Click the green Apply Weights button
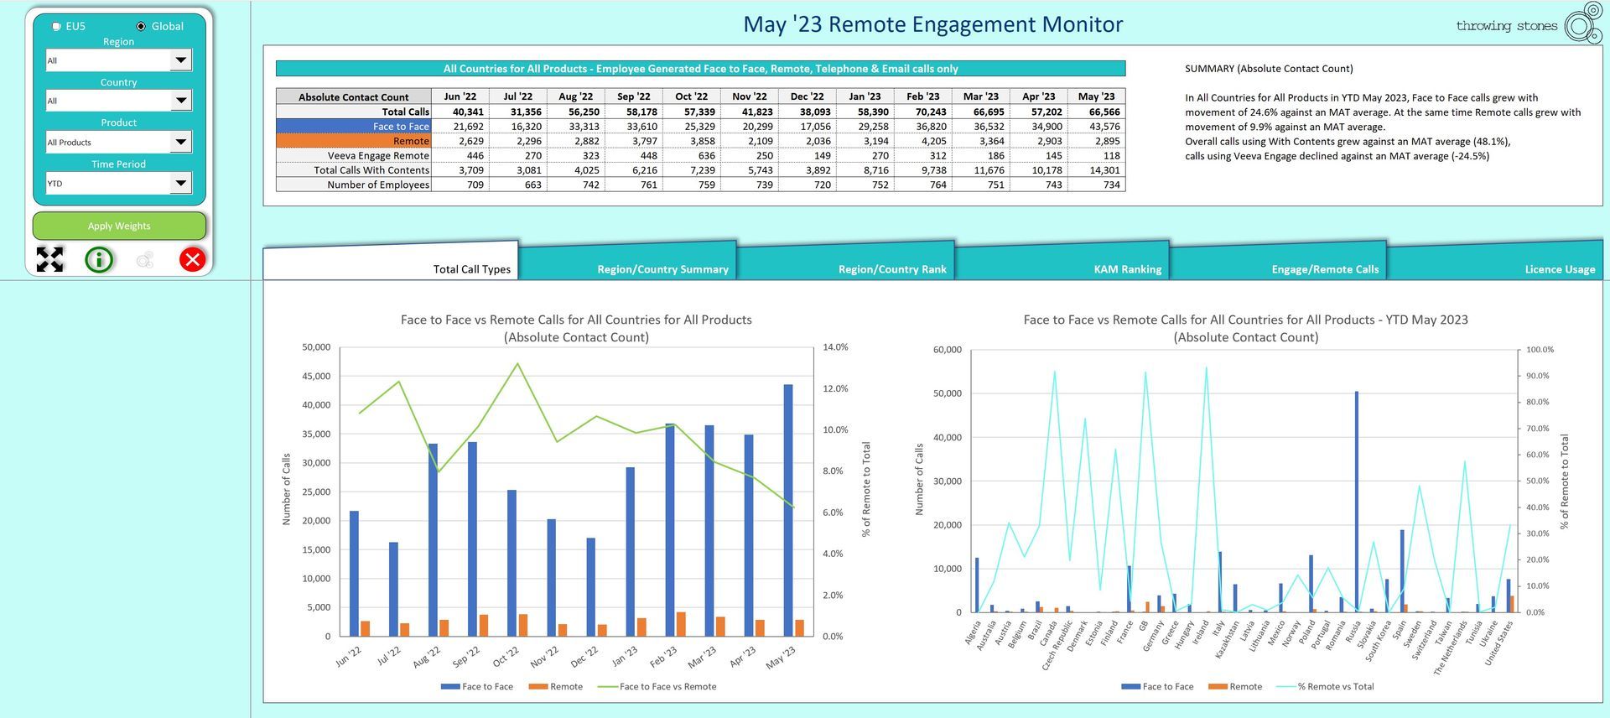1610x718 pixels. pyautogui.click(x=119, y=226)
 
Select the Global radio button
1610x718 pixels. pyautogui.click(x=141, y=26)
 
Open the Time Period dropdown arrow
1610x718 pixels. pyautogui.click(x=180, y=183)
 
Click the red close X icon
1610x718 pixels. pyautogui.click(x=192, y=259)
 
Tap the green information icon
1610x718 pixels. pyautogui.click(x=99, y=259)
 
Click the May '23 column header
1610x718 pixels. pyautogui.click(x=1096, y=96)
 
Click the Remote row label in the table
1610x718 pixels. pyautogui.click(x=411, y=141)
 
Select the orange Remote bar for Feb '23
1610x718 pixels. pyautogui.click(x=681, y=624)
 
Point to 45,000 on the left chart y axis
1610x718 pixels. pyautogui.click(x=316, y=376)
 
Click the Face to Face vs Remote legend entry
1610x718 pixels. pyautogui.click(x=657, y=686)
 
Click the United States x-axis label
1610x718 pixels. pyautogui.click(x=1499, y=643)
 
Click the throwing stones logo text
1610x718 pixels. pyautogui.click(x=1506, y=25)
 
